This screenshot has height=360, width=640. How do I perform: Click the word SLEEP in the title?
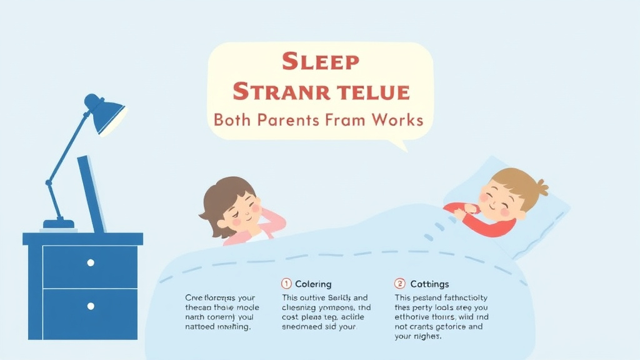pyautogui.click(x=320, y=62)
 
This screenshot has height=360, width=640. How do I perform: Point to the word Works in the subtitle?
pyautogui.click(x=396, y=119)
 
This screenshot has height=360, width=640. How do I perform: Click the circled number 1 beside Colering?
pyautogui.click(x=287, y=284)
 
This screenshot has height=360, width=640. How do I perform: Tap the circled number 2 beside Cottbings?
pyautogui.click(x=399, y=284)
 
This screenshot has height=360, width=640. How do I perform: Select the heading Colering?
pyautogui.click(x=313, y=284)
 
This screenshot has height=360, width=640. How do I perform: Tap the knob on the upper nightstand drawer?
pyautogui.click(x=91, y=262)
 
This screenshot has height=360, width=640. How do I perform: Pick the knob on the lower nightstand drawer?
pyautogui.click(x=91, y=306)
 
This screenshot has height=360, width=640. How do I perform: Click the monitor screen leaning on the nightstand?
pyautogui.click(x=91, y=194)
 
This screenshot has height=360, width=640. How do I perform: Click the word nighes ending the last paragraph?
pyautogui.click(x=427, y=336)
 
